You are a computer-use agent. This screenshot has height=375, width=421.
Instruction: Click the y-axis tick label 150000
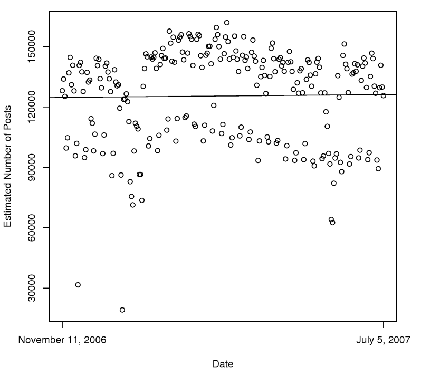point(37,47)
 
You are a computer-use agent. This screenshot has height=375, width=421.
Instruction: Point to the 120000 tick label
point(37,107)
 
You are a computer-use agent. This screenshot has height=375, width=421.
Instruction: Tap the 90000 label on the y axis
point(37,167)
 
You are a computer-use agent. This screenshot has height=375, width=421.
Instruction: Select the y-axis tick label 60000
point(37,228)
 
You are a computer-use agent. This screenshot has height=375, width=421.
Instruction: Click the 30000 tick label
point(37,288)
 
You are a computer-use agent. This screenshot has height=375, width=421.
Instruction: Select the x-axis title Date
point(223,364)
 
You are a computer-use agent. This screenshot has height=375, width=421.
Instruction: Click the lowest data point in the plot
point(122,310)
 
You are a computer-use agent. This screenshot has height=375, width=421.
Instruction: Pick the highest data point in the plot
point(227,23)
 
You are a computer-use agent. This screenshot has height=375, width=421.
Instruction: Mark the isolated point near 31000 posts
point(78,285)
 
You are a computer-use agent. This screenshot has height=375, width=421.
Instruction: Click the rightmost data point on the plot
point(384,95)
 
